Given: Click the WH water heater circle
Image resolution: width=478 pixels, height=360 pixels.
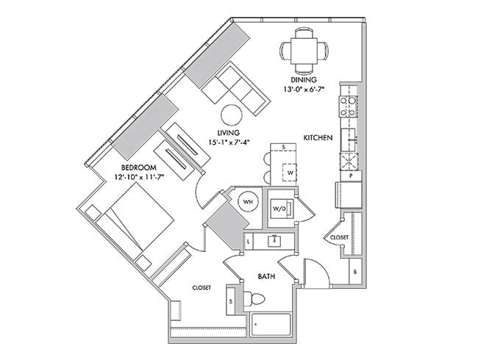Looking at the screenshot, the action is (248, 201).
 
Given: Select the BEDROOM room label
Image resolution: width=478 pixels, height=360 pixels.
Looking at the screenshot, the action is (139, 168).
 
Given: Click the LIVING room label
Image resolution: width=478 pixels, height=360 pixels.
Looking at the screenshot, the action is (228, 133).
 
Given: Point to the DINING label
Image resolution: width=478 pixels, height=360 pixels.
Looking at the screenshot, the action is (303, 80).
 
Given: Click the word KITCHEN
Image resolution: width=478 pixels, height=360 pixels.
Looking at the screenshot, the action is (318, 137).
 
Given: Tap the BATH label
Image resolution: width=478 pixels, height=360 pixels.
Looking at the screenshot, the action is (267, 276).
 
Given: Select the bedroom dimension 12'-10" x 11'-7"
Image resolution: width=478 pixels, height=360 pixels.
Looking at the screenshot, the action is (139, 177).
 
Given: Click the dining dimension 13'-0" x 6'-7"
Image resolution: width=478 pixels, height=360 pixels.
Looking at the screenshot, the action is (303, 90).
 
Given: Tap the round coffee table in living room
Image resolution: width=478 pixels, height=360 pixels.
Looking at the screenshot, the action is (232, 115).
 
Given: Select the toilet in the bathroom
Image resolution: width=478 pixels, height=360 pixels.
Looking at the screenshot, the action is (254, 299).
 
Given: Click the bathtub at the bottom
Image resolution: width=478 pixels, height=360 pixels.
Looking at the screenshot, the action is (270, 325).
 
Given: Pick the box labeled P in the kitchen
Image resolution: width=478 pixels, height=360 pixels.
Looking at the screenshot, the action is (351, 176).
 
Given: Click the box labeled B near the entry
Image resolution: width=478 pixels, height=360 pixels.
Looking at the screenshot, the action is (355, 272).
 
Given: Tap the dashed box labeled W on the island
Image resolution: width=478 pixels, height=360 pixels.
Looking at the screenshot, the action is (290, 173).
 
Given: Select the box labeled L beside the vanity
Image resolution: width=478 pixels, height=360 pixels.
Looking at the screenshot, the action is (249, 242).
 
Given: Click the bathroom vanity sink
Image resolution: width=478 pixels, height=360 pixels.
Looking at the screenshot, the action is (275, 242).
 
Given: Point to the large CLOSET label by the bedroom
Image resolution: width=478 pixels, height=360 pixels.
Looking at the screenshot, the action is (201, 287).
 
